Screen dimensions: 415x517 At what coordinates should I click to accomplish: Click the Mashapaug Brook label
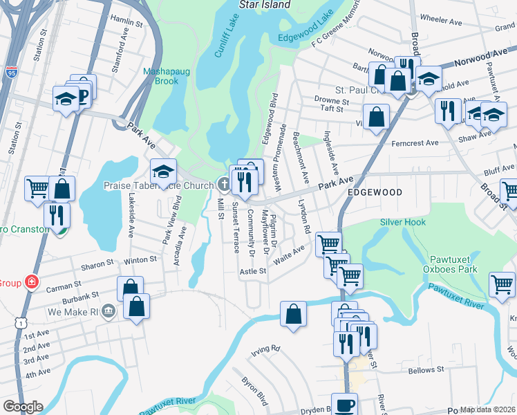(161, 76)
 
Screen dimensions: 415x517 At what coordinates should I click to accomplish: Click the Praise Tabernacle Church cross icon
(223, 185)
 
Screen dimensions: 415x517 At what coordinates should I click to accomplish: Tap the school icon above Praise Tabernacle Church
(164, 171)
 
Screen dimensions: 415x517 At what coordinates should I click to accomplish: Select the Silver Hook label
(403, 222)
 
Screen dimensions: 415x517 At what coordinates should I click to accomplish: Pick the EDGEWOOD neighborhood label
(374, 194)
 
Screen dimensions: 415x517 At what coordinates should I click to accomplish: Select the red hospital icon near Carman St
(31, 282)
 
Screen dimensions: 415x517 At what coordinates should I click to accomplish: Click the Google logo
(23, 407)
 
